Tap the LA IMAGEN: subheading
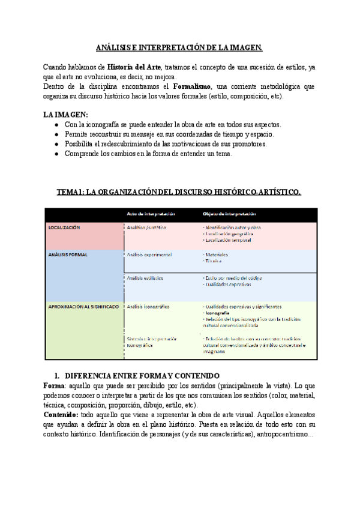click(x=65, y=115)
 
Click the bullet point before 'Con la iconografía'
click(x=56, y=125)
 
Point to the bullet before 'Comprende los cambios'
click(x=56, y=154)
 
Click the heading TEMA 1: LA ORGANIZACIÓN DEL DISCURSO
click(x=179, y=191)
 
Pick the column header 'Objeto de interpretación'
click(x=229, y=213)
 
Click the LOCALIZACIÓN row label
click(x=64, y=228)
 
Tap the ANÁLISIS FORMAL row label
click(x=68, y=254)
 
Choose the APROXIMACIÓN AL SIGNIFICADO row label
click(x=83, y=307)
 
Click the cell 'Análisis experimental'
click(x=149, y=254)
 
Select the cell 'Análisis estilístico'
click(x=145, y=278)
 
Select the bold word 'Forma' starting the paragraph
click(x=55, y=385)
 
